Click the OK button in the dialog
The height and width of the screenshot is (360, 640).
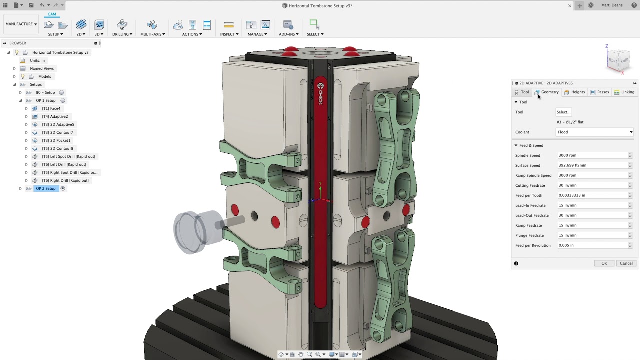(x=604, y=263)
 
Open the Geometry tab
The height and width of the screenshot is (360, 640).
(x=547, y=92)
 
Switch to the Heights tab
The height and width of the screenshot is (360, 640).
(x=575, y=92)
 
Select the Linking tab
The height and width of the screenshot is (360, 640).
(x=624, y=92)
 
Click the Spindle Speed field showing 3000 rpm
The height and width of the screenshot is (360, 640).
(x=592, y=155)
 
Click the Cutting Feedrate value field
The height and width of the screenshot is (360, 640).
(x=592, y=185)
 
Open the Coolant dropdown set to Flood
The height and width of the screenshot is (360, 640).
(x=595, y=132)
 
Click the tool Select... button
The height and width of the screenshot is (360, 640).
(x=563, y=112)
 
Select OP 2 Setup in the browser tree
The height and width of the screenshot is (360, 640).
(x=46, y=188)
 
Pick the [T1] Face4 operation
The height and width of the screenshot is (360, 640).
(x=51, y=108)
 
